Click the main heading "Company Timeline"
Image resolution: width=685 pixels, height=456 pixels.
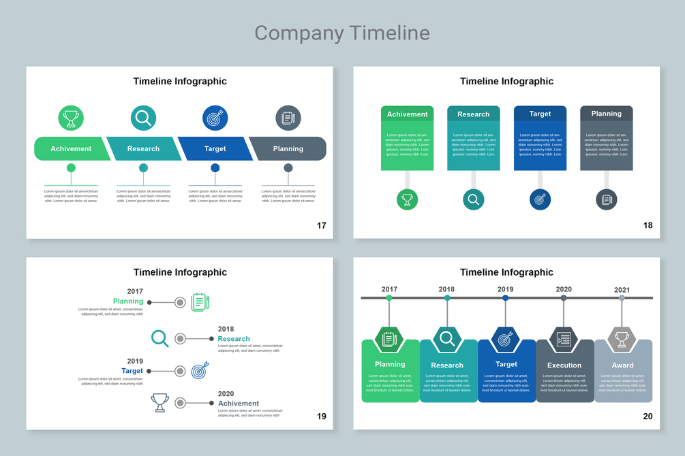(342, 33)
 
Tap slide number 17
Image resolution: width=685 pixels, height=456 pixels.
(322, 225)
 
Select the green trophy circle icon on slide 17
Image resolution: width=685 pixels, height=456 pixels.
(71, 118)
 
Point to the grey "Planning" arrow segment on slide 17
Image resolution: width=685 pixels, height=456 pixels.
(288, 148)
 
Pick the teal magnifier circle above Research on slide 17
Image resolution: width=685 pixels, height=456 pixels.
(143, 118)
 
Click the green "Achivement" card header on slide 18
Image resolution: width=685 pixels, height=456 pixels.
(407, 114)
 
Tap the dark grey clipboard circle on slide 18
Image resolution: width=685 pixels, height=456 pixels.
(606, 199)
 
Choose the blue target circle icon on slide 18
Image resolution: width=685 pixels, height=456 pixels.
(540, 199)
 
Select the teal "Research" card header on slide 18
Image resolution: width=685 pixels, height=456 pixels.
(474, 114)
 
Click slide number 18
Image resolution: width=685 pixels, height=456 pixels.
(648, 225)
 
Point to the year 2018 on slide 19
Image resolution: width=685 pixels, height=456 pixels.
(226, 329)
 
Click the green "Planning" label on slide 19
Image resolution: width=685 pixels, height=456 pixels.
(128, 301)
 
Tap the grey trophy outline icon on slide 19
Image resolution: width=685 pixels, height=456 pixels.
(160, 403)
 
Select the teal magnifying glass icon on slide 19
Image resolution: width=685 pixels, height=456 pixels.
(159, 338)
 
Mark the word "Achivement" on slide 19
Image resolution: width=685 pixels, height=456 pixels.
(239, 404)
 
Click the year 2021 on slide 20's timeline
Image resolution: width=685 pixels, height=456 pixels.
(622, 290)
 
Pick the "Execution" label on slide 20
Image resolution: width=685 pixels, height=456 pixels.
(564, 365)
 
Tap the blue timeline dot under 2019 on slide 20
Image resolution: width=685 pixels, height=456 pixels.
(506, 297)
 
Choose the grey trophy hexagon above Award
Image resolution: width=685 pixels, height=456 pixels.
(622, 338)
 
